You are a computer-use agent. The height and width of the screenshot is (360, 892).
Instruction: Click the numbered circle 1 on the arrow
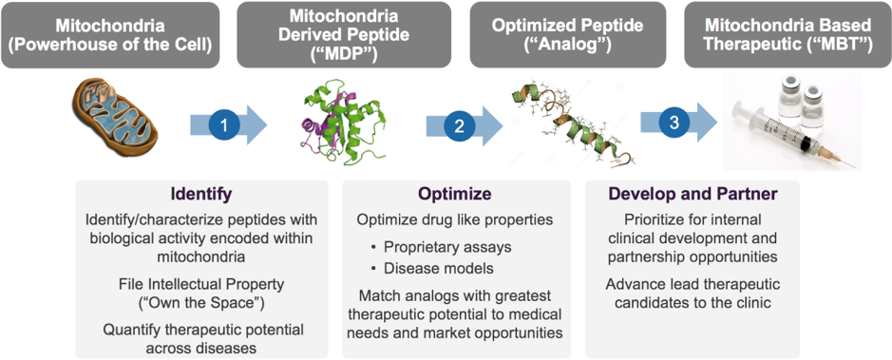click(x=224, y=125)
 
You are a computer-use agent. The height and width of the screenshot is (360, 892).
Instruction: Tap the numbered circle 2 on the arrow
click(x=459, y=125)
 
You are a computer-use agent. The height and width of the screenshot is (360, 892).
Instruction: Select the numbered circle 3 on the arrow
click(x=674, y=123)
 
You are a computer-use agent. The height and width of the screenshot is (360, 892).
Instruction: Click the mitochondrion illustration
click(x=116, y=119)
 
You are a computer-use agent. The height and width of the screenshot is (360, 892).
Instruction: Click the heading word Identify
click(x=201, y=194)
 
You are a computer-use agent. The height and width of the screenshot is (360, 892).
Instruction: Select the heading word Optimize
click(x=454, y=194)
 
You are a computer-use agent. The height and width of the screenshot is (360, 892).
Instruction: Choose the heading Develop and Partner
click(x=693, y=194)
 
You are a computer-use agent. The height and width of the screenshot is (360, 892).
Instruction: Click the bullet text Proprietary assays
click(x=447, y=246)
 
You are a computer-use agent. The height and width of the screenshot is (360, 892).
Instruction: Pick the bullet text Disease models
click(x=439, y=267)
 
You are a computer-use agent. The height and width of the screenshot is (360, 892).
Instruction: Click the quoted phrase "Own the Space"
click(x=201, y=303)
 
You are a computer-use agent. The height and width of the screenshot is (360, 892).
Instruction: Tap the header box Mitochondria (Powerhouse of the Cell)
click(x=110, y=35)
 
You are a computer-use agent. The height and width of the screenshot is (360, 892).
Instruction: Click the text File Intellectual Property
click(x=201, y=283)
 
